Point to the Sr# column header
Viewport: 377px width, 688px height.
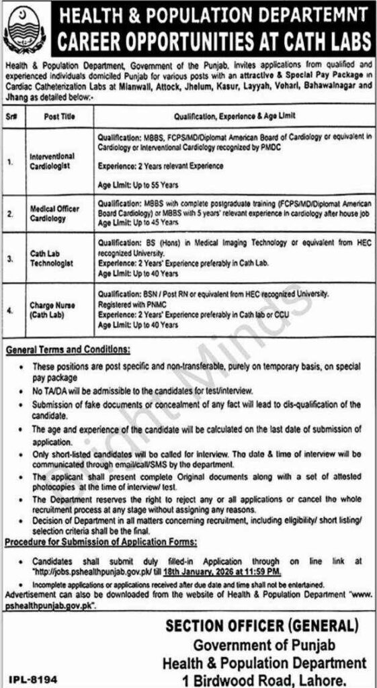(x=13, y=115)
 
